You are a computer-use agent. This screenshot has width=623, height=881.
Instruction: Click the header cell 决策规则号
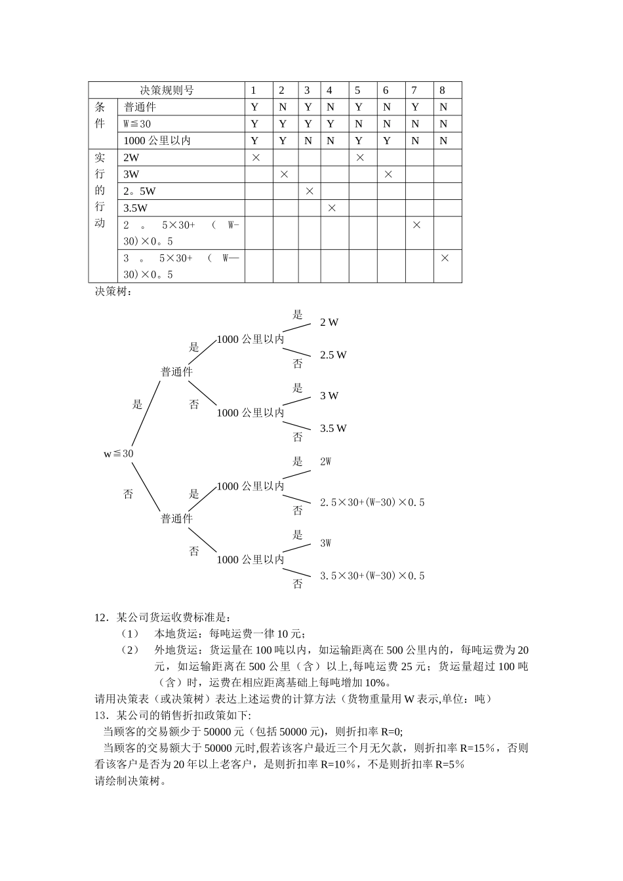167,90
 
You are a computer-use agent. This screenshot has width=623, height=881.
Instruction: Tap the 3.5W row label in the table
136,208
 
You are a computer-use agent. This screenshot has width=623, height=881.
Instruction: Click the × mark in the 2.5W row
310,191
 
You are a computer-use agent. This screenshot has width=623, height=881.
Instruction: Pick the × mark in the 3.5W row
332,208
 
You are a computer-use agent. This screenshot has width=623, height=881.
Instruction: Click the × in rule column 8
445,258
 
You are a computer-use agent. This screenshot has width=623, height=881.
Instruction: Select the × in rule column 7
416,225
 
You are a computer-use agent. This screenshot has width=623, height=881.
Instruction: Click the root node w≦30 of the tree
119,454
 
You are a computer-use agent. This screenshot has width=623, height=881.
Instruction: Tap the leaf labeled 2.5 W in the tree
333,355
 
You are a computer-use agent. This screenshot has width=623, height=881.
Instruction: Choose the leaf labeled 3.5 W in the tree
333,429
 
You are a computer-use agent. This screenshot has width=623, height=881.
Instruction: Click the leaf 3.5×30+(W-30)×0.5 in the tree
372,576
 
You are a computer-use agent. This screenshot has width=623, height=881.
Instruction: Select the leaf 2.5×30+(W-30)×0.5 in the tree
372,503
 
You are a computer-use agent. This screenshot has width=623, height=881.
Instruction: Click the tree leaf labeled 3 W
329,396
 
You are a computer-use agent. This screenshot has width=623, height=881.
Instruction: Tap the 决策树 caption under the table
113,292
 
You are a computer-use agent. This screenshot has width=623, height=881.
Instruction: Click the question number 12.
101,617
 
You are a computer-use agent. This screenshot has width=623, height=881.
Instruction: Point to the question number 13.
101,715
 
